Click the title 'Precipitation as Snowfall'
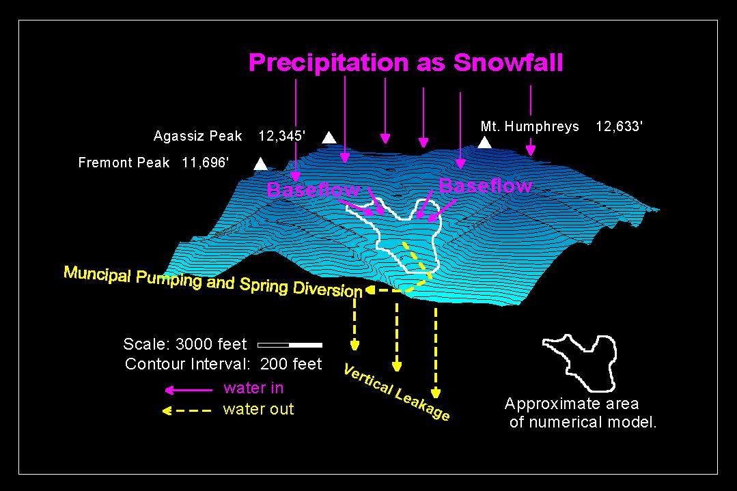[x=406, y=63]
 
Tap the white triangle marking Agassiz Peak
[x=329, y=138]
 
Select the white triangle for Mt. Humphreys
[x=484, y=143]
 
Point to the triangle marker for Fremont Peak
[x=260, y=165]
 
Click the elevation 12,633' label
[x=619, y=127]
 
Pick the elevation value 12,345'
[x=282, y=137]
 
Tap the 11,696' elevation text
[x=206, y=163]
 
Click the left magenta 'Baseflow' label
[x=314, y=190]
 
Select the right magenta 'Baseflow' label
[x=486, y=186]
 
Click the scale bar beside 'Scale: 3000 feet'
[x=290, y=346]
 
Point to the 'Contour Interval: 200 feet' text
[x=223, y=364]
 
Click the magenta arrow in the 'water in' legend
[x=189, y=390]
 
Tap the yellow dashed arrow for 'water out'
[x=187, y=411]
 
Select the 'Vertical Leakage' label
[x=396, y=393]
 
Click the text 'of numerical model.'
[x=583, y=423]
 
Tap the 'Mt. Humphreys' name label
[x=530, y=127]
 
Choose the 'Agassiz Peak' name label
[x=197, y=137]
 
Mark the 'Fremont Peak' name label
[x=124, y=163]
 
